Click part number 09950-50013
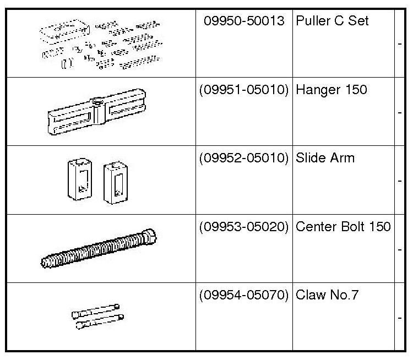click(244, 21)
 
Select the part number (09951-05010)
click(244, 90)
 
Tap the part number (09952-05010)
click(244, 159)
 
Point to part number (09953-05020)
click(244, 226)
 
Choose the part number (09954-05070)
click(244, 295)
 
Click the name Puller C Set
click(332, 21)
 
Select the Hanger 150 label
click(332, 90)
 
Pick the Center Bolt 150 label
click(343, 226)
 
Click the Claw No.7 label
click(327, 295)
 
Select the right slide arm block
click(115, 182)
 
